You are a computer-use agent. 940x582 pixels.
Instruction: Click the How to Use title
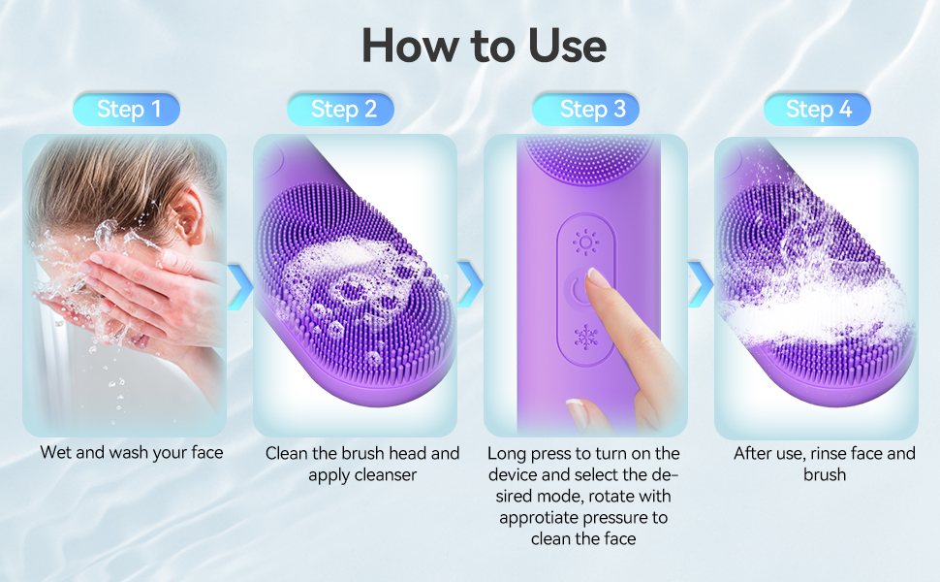[x=484, y=46]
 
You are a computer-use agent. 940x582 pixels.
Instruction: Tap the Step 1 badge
[x=128, y=110]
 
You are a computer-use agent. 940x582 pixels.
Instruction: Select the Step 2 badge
[x=343, y=110]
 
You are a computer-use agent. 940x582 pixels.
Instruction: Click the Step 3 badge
[x=592, y=110]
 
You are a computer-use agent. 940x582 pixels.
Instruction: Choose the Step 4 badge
[x=819, y=110]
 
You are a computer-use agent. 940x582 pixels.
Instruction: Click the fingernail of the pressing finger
[x=598, y=279]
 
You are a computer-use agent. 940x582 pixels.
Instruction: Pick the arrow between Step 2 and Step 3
[x=470, y=284]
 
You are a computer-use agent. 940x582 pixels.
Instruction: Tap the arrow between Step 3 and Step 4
[x=701, y=284]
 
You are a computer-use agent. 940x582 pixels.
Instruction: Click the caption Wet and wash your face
[x=131, y=453]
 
